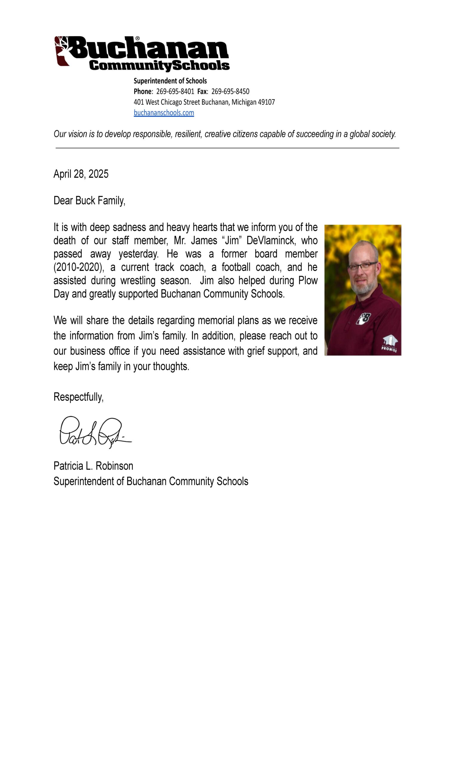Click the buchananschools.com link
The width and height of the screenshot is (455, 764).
coord(164,113)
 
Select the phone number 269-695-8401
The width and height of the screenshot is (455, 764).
coord(175,91)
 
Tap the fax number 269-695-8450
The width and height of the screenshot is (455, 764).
coord(230,91)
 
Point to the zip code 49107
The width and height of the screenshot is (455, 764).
coord(266,102)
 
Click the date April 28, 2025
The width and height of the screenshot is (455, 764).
coord(81,174)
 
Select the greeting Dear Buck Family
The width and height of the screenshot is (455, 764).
coord(89,201)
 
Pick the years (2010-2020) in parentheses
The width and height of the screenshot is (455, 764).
coord(78,267)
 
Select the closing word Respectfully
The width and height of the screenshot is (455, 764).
coord(78,397)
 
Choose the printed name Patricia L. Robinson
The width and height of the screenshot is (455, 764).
coord(93,466)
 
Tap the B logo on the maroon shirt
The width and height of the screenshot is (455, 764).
coord(364,318)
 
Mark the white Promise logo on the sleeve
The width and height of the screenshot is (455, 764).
coord(389,344)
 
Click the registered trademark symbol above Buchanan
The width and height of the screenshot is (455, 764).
coord(137,38)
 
